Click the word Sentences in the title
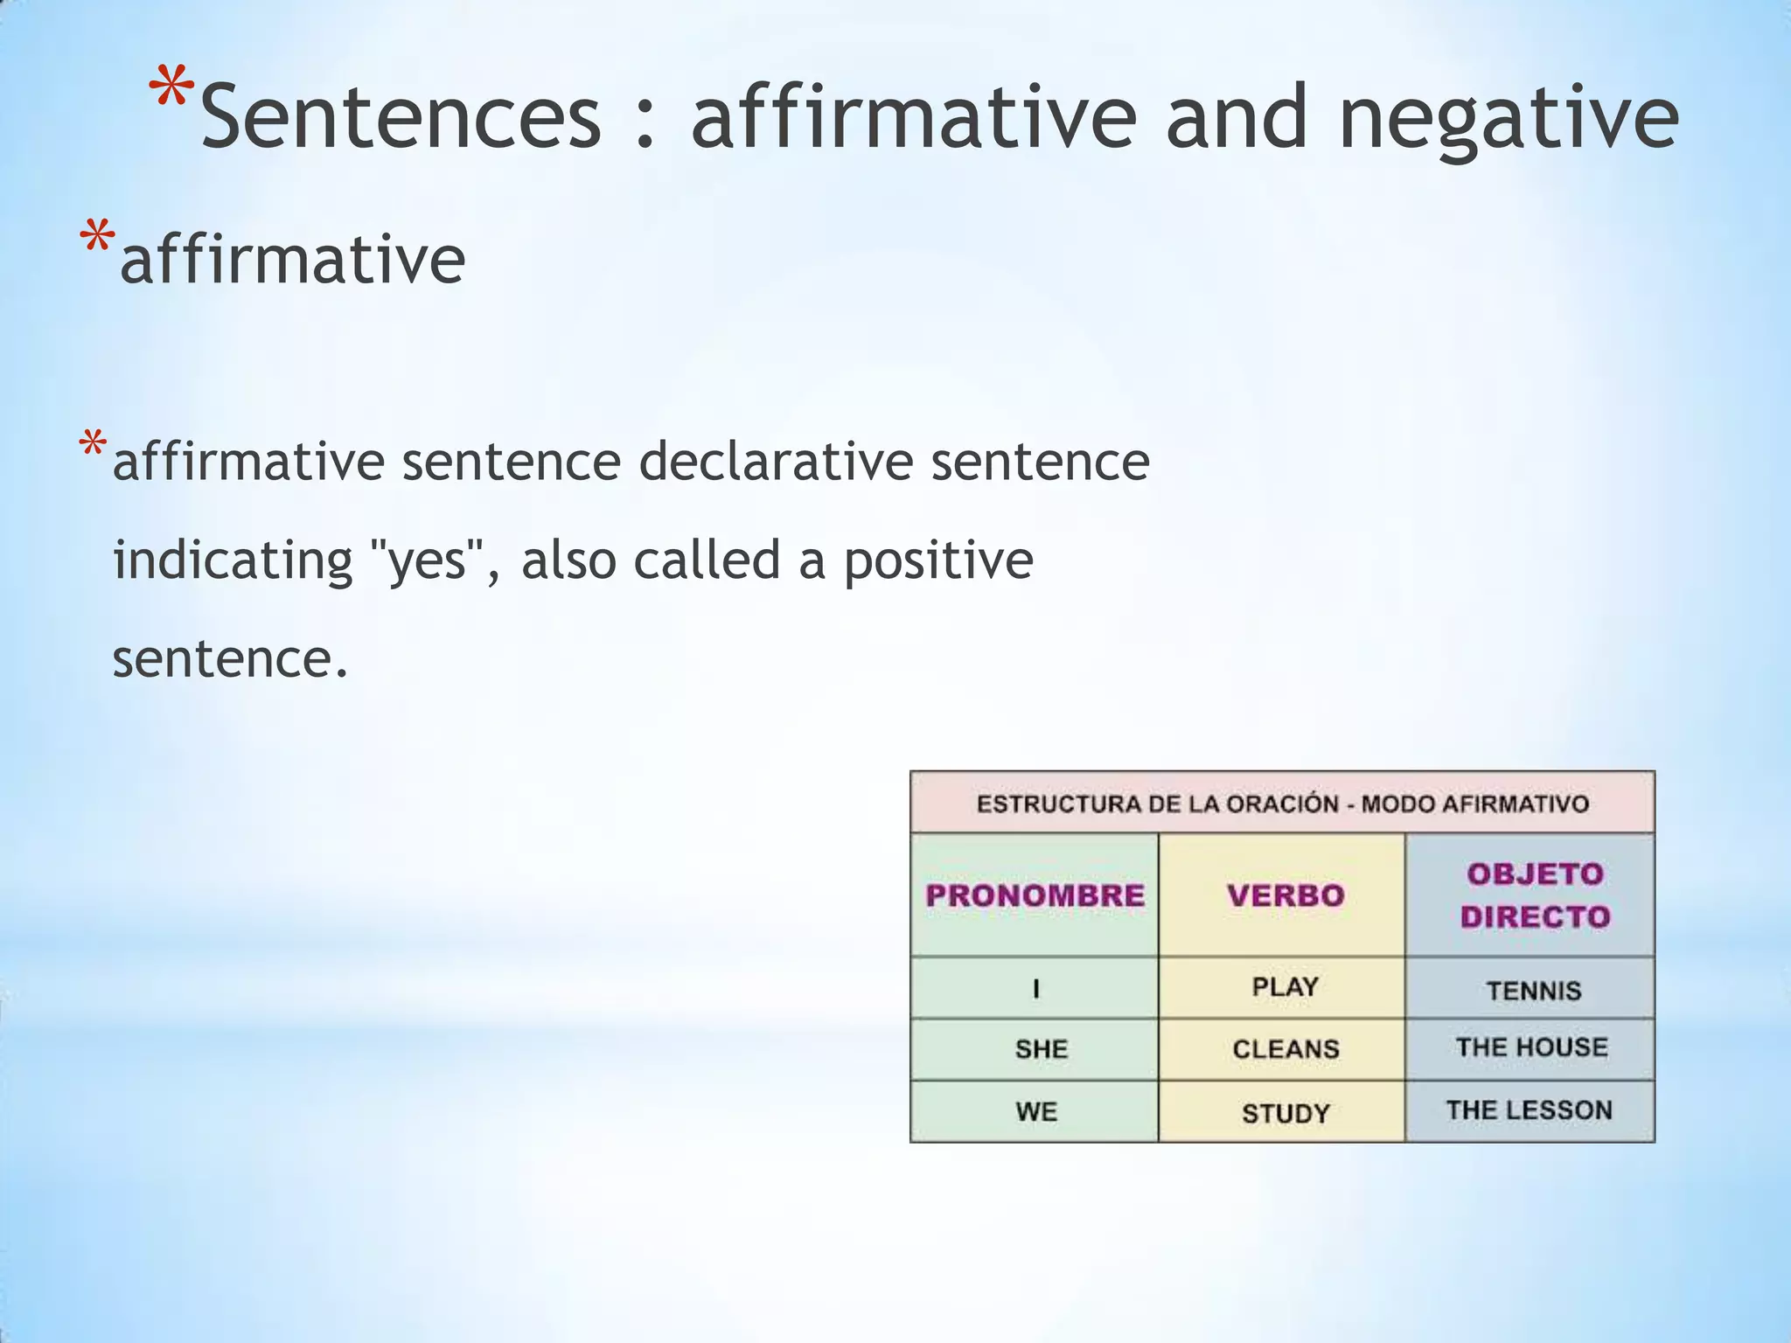pos(401,116)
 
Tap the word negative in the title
pos(1508,118)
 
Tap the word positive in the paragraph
pos(937,560)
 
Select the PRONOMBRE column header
pos(1035,895)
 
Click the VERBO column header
pos(1285,895)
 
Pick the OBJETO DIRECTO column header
pos(1535,895)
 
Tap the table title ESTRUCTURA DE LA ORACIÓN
pos(1282,804)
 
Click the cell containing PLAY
pos(1285,987)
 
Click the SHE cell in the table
pos(1041,1049)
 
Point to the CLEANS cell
pos(1286,1049)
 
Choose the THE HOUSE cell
pos(1531,1047)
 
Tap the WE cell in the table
pos(1036,1112)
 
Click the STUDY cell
pos(1286,1113)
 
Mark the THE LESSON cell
pos(1529,1110)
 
